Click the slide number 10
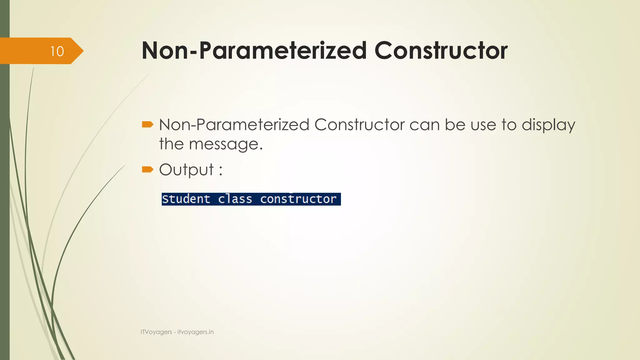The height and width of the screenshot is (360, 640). [x=57, y=51]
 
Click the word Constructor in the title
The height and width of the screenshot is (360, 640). [x=441, y=51]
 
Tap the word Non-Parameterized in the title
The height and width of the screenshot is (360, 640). [x=254, y=51]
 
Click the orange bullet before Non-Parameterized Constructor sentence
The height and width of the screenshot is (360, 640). [x=147, y=125]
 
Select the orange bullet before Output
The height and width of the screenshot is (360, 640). [x=147, y=170]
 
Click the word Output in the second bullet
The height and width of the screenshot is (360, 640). [x=187, y=170]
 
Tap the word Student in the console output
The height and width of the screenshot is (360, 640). [x=186, y=199]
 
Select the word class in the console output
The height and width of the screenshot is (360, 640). [x=235, y=199]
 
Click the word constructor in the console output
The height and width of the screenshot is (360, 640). [x=298, y=199]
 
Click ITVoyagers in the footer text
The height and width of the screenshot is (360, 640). [x=156, y=332]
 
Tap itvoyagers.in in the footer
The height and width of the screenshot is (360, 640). [x=196, y=332]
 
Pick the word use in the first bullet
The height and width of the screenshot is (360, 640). [x=483, y=125]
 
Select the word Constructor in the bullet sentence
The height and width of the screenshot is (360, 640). [x=359, y=125]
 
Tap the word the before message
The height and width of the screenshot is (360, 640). [x=171, y=144]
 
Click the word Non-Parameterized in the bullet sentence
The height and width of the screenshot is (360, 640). [x=234, y=125]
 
